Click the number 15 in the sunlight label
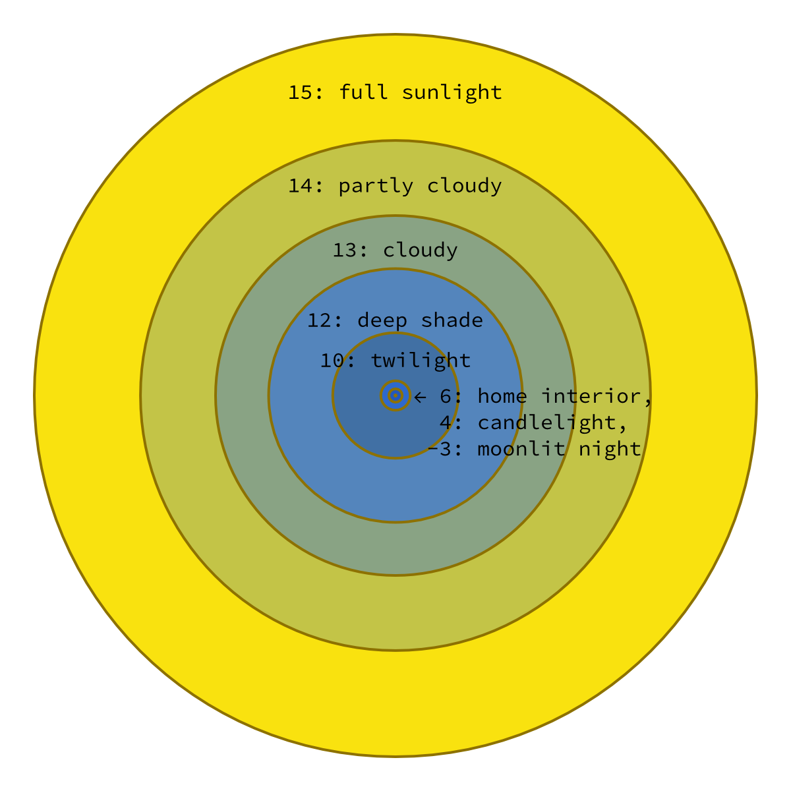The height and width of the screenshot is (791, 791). pos(300,92)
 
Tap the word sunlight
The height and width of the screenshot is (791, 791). pos(452,92)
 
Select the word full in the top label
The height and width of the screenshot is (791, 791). pos(363,92)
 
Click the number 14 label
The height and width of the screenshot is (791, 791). pos(300,186)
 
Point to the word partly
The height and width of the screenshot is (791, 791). pos(376,187)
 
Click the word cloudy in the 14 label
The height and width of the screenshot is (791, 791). pos(464,187)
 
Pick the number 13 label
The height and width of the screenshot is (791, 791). pos(344,250)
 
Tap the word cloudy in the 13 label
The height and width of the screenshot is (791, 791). pos(420,250)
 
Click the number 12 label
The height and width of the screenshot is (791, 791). pos(319,321)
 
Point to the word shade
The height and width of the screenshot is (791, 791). pos(452,321)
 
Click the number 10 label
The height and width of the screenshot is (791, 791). pos(332,361)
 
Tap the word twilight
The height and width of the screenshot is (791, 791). pos(420,361)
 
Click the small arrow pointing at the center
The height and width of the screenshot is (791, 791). pos(420,397)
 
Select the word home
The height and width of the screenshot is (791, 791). pos(502,396)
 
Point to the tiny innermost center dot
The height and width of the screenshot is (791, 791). pos(395,395)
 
